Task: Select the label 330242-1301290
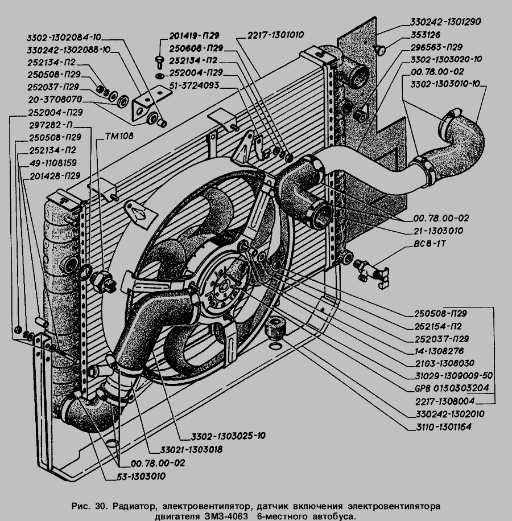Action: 445,22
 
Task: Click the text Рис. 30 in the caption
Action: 90,506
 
